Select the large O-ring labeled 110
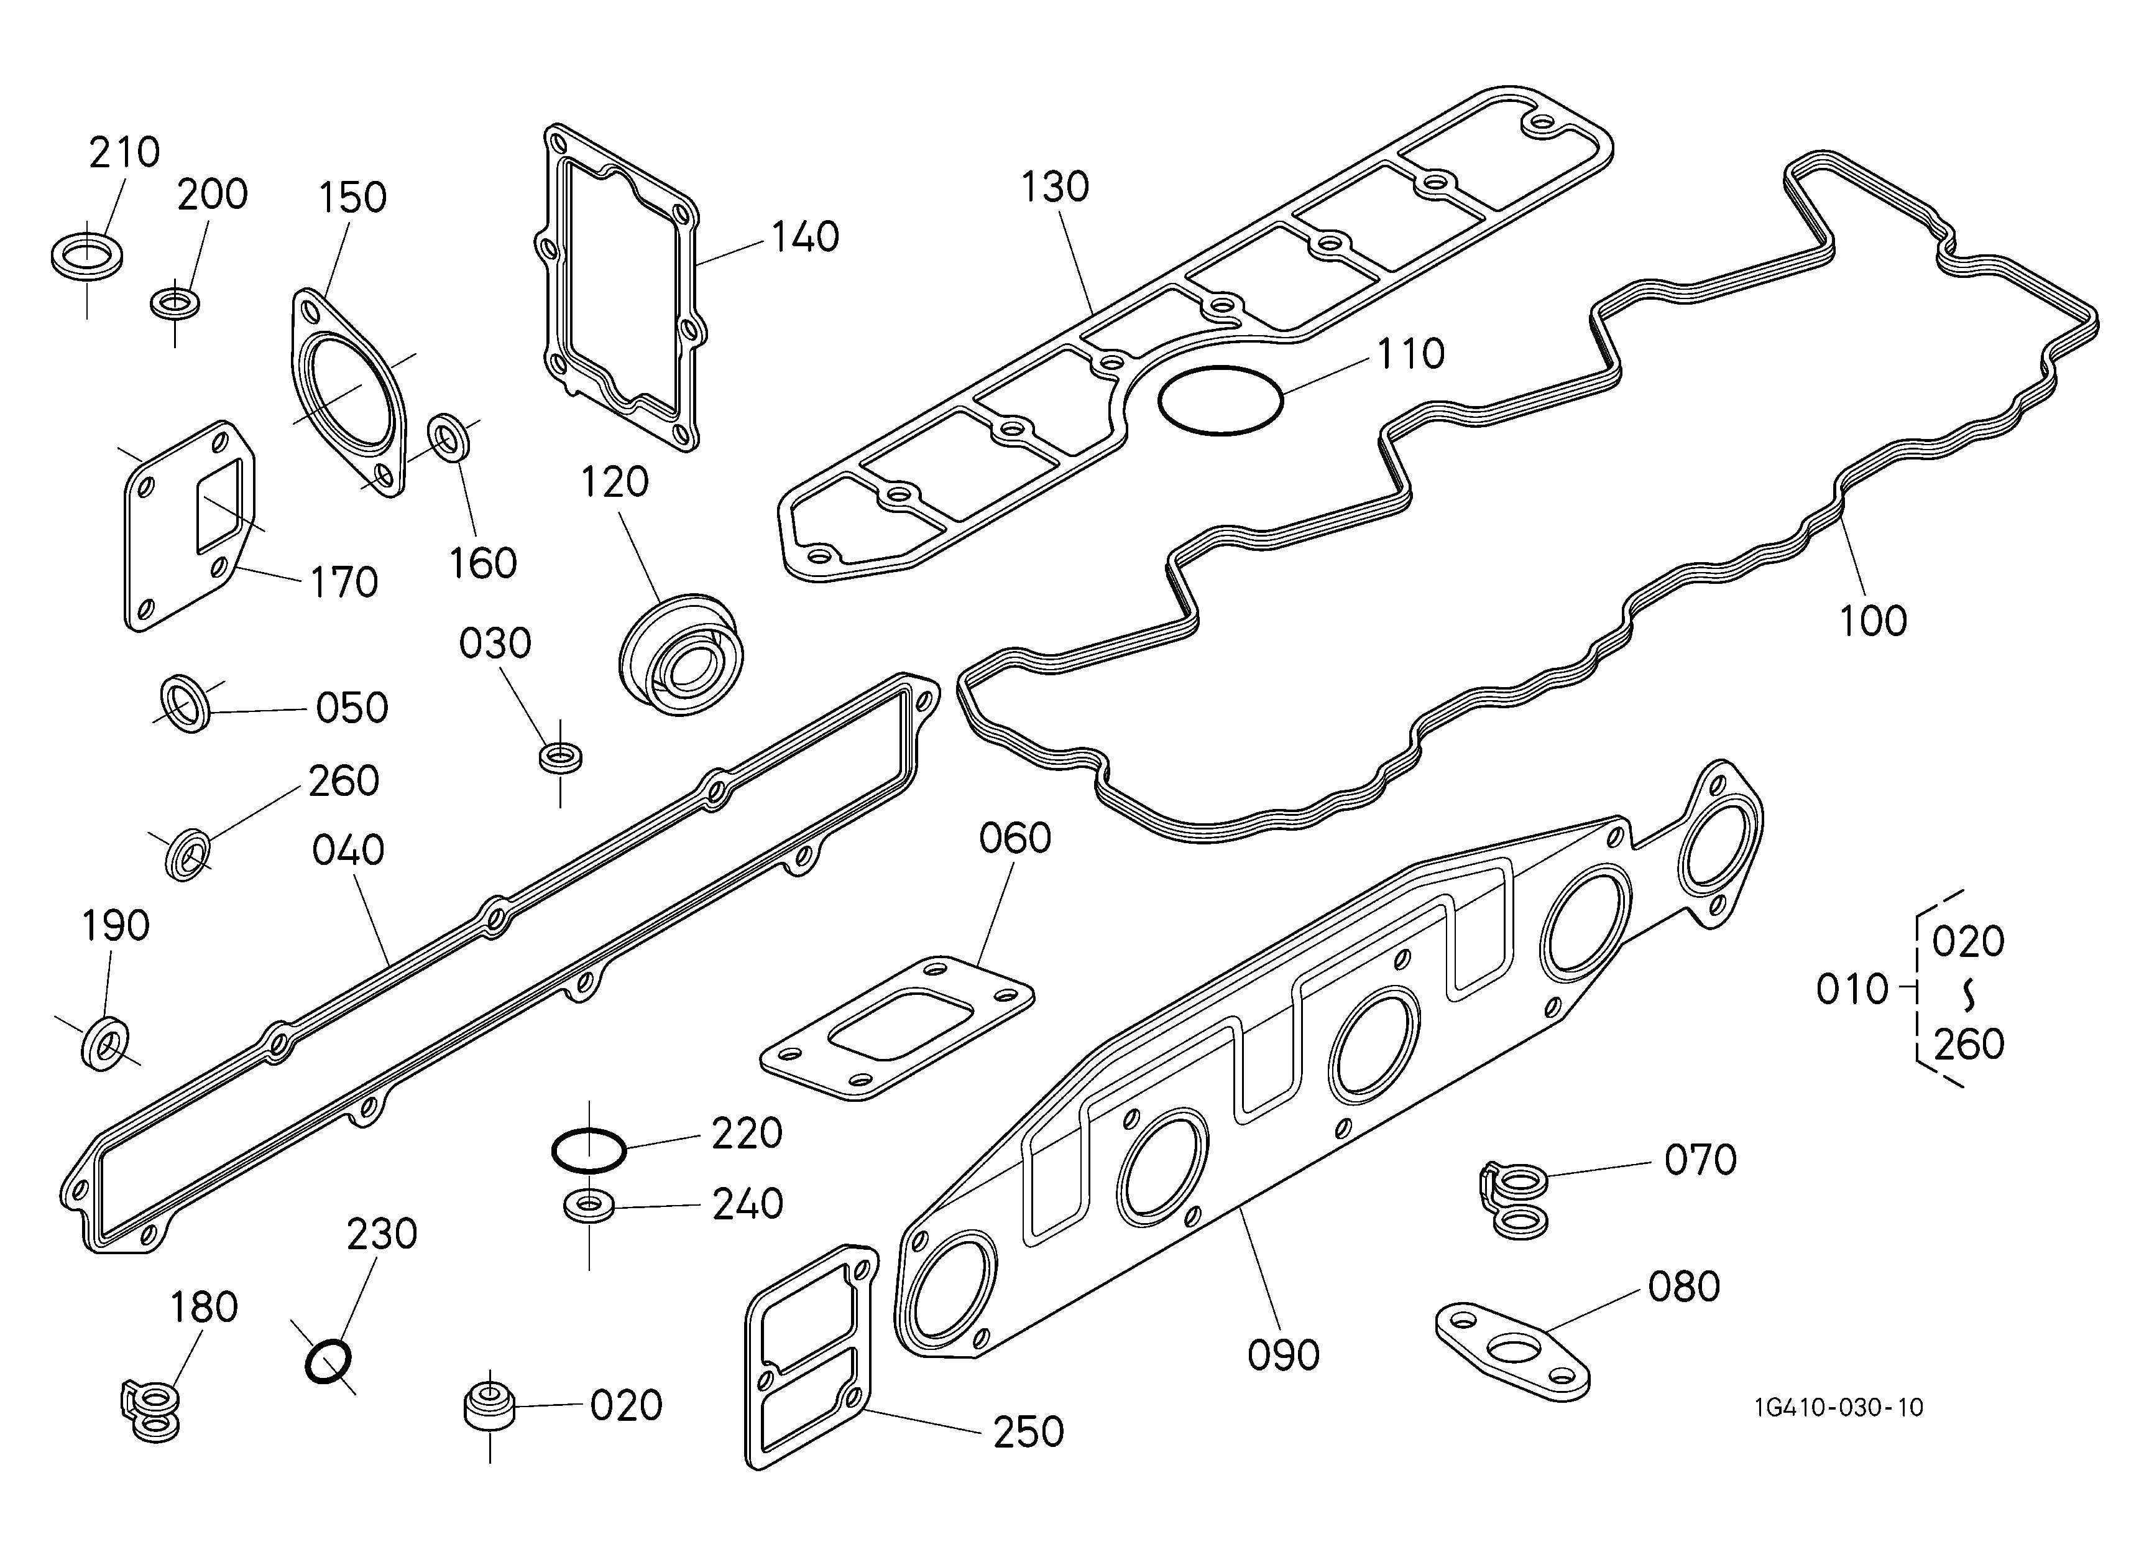1220,367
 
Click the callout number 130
1055,187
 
